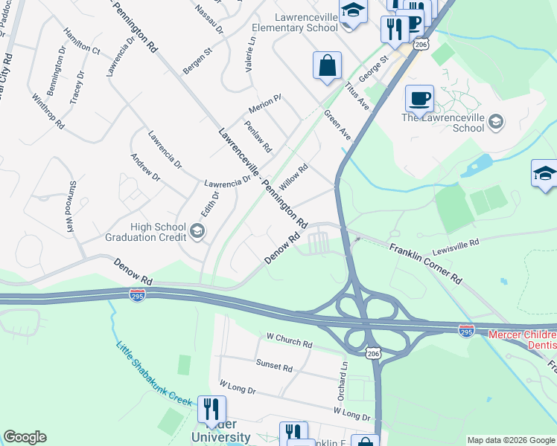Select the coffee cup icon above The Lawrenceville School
[419, 98]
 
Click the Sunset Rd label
[274, 366]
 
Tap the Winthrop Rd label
[48, 111]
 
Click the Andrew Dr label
[145, 166]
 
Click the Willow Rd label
[293, 177]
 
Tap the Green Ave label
[337, 125]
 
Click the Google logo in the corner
[25, 437]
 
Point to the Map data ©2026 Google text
[511, 440]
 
